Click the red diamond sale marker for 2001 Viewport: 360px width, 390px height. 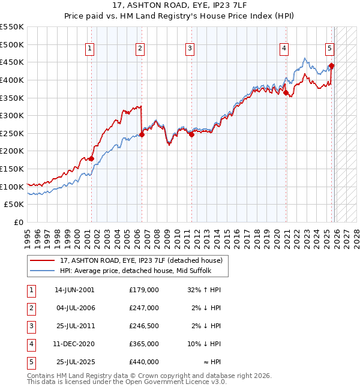(91, 158)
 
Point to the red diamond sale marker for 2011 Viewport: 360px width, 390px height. (191, 134)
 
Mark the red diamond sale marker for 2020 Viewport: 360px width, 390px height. (286, 92)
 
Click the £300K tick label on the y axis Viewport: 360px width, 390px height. (12, 115)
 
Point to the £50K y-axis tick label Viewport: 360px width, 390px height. (15, 205)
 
